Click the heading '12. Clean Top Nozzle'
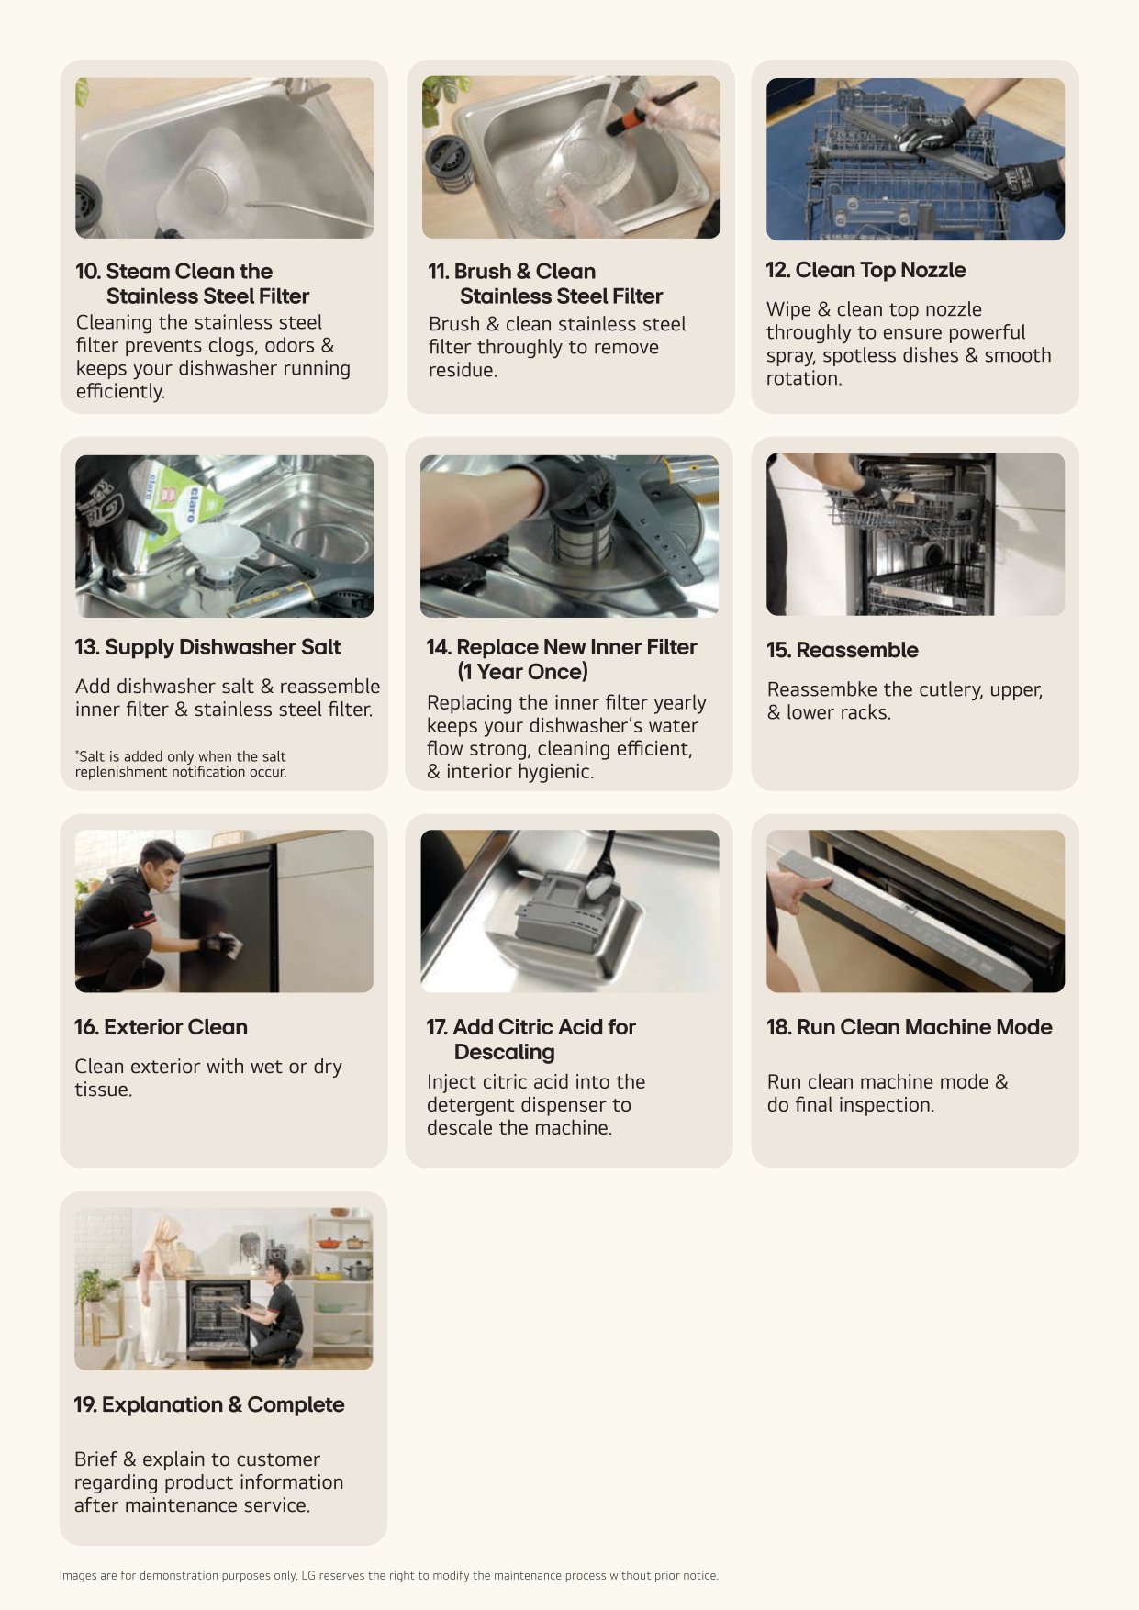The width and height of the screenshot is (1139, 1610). click(865, 270)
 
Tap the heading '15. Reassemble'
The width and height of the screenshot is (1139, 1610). click(842, 650)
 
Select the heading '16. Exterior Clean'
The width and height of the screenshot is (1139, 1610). click(161, 1027)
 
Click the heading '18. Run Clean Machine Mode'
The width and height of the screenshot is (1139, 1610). click(909, 1027)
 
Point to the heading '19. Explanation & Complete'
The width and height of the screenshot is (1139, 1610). click(209, 1404)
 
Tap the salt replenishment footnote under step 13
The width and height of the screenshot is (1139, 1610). click(181, 764)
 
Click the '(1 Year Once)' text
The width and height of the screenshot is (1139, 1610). click(523, 672)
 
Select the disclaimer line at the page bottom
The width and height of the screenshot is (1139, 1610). click(389, 1575)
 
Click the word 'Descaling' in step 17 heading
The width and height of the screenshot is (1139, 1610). click(504, 1052)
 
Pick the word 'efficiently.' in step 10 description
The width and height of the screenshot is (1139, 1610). click(120, 392)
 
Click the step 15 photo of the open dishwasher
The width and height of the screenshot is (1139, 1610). click(915, 534)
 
